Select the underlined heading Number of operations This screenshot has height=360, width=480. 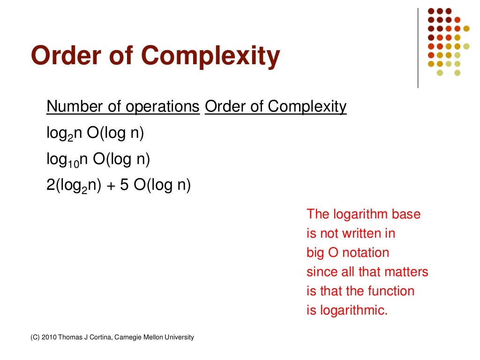click(x=123, y=107)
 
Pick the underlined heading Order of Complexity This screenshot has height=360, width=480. click(x=276, y=107)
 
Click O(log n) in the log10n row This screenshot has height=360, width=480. click(x=121, y=160)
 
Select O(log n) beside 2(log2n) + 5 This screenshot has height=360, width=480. click(x=162, y=186)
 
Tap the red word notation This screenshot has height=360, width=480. click(x=366, y=253)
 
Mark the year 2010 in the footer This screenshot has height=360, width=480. click(x=49, y=337)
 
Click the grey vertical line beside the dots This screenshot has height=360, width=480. click(x=418, y=47)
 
